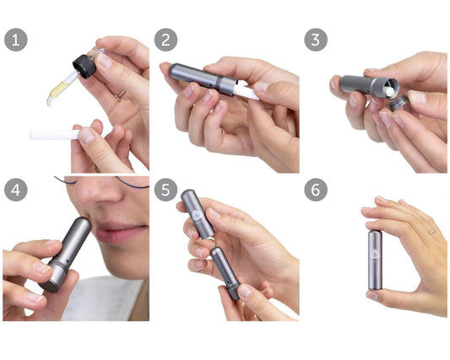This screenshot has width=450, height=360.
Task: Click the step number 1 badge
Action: point(15,41)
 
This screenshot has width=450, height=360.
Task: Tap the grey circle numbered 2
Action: point(165,41)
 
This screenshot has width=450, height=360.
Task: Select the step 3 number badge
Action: point(315,41)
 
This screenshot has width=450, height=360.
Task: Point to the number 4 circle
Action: point(15,189)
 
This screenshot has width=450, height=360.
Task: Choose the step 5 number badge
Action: point(165,189)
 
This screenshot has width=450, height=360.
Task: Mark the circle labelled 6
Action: point(315,189)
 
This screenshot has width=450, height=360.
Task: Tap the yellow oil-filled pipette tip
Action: point(57,91)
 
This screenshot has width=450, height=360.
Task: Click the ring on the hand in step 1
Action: point(121,95)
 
